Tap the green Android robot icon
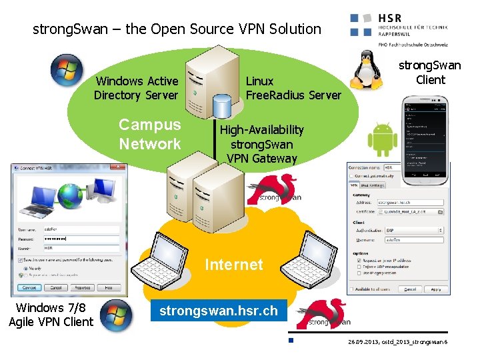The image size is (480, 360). pyautogui.click(x=383, y=139)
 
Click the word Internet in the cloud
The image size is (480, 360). pyautogui.click(x=233, y=265)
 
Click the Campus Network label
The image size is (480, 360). pyautogui.click(x=150, y=134)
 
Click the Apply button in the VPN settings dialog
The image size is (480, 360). pyautogui.click(x=435, y=289)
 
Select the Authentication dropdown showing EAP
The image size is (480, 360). pyautogui.click(x=414, y=230)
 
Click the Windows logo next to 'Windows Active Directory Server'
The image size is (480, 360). pyautogui.click(x=67, y=69)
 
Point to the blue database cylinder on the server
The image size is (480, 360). pyautogui.click(x=222, y=104)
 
